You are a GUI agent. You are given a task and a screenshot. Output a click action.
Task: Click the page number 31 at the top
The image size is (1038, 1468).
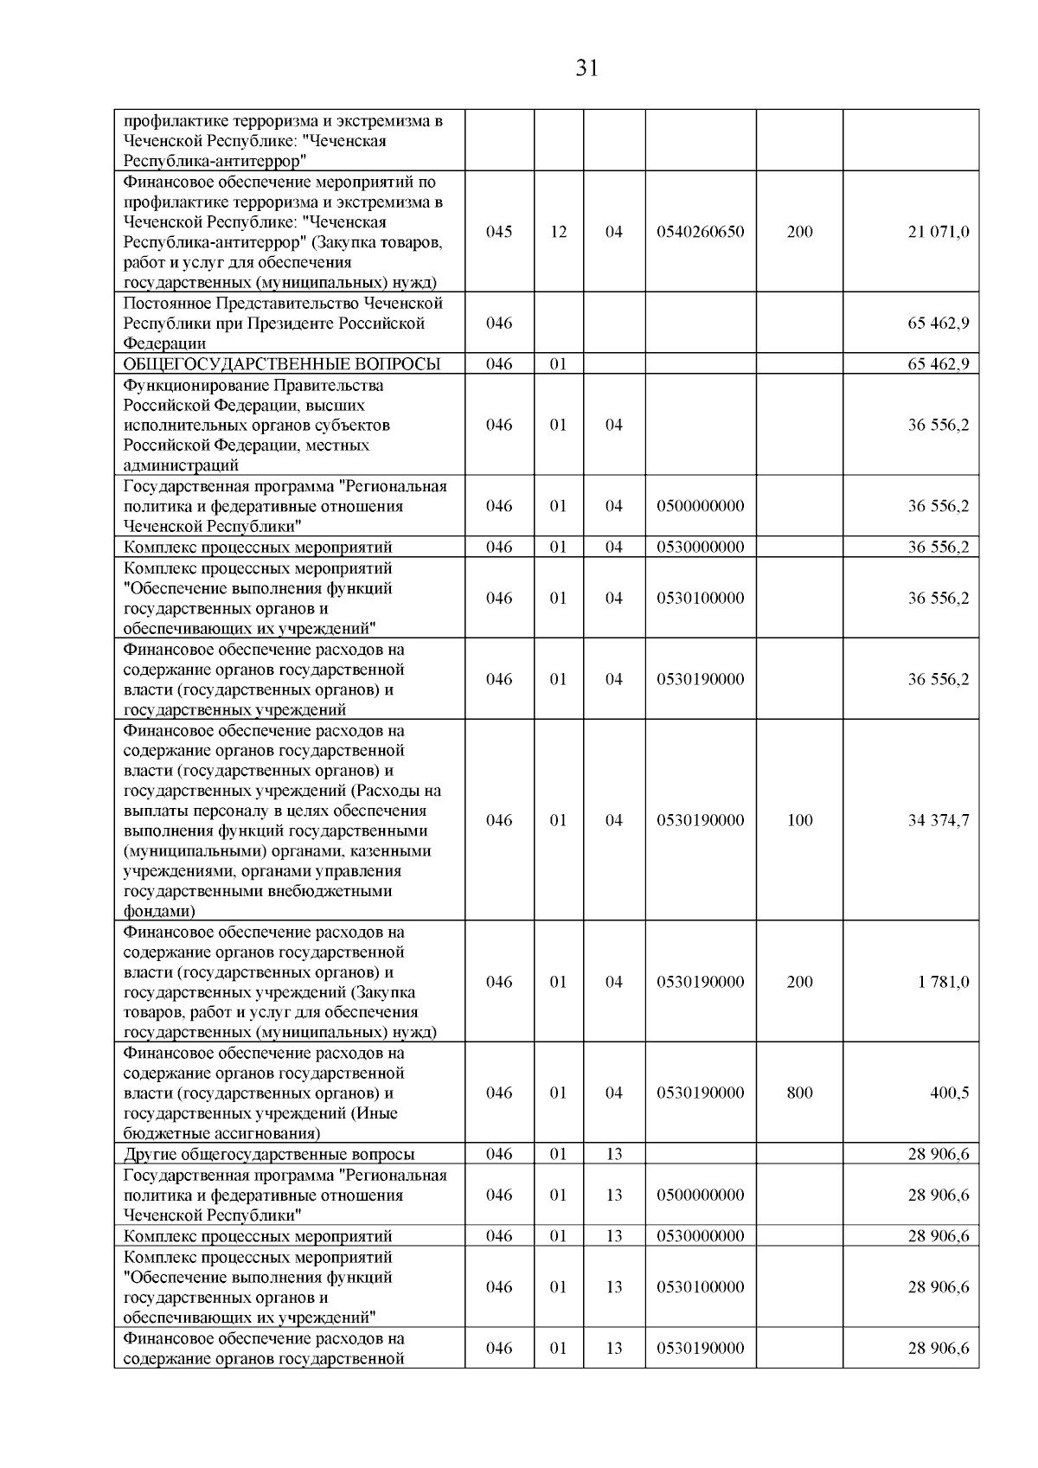[x=586, y=68]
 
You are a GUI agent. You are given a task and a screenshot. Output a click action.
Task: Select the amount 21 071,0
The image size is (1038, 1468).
[x=938, y=232]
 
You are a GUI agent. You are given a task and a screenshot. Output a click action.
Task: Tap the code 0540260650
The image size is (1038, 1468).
[x=700, y=232]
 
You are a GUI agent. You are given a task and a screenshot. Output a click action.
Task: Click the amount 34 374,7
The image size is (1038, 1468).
[x=938, y=820]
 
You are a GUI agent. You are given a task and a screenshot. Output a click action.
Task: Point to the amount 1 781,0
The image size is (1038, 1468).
[x=944, y=982]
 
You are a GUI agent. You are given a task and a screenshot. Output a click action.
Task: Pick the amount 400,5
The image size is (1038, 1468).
[x=949, y=1093]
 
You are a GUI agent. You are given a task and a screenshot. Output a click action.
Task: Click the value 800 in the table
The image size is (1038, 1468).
[x=799, y=1093]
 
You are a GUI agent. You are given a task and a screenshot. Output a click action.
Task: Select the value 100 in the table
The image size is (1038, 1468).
[x=799, y=820]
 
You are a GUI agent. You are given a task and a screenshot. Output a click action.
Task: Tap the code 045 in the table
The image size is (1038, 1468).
[x=499, y=232]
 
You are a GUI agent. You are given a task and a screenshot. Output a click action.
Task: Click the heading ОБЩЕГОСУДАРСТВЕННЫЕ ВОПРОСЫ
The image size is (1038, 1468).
[x=282, y=364]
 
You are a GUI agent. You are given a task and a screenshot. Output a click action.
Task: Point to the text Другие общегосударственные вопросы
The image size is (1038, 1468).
[x=269, y=1154]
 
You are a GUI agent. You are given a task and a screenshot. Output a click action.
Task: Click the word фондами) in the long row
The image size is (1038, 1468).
[x=159, y=911]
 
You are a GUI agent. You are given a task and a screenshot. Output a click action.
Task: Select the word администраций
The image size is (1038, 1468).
[x=181, y=465]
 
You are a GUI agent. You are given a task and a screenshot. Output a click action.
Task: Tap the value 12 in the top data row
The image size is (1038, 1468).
[x=559, y=232]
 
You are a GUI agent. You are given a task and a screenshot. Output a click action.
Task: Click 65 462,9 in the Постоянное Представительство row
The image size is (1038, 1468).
[x=938, y=323]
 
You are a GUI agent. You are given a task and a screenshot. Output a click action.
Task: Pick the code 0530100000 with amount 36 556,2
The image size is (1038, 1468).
[x=700, y=598]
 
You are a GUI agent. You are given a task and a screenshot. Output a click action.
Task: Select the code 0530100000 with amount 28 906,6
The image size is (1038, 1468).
[x=700, y=1287]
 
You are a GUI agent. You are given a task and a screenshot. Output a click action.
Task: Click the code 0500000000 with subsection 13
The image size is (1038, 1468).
[x=700, y=1195]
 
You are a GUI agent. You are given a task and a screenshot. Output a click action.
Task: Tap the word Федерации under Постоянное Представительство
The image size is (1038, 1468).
[x=164, y=343]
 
